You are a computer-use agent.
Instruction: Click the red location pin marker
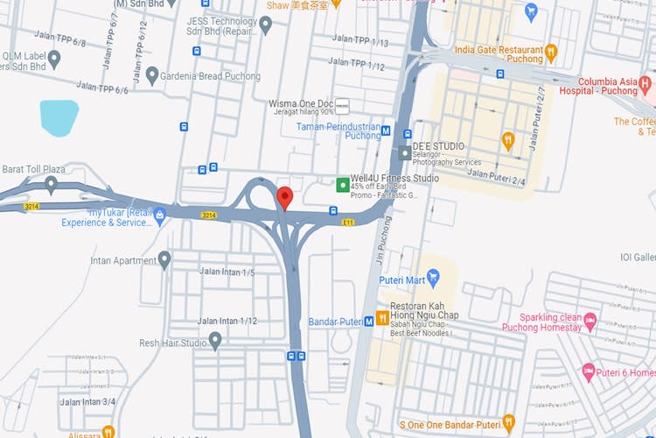pyautogui.click(x=284, y=197)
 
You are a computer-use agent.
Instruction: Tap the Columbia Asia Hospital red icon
pyautogui.click(x=646, y=85)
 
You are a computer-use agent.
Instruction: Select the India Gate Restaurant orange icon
pyautogui.click(x=551, y=53)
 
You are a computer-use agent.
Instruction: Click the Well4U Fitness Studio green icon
pyautogui.click(x=343, y=184)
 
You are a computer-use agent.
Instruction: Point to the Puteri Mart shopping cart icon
pyautogui.click(x=434, y=279)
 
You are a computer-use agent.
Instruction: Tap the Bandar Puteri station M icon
pyautogui.click(x=369, y=321)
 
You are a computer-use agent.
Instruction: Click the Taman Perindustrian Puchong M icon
pyautogui.click(x=386, y=131)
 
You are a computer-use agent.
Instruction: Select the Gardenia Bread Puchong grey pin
pyautogui.click(x=152, y=75)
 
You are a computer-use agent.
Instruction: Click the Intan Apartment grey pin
pyautogui.click(x=164, y=259)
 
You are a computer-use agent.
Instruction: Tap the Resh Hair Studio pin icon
pyautogui.click(x=215, y=341)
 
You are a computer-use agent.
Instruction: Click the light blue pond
pyautogui.click(x=59, y=118)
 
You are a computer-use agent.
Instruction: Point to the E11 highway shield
pyautogui.click(x=348, y=223)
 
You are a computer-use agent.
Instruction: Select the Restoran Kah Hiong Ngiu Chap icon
pyautogui.click(x=382, y=317)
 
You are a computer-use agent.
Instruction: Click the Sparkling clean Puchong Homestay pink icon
pyautogui.click(x=590, y=321)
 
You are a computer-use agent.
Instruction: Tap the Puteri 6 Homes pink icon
pyautogui.click(x=588, y=372)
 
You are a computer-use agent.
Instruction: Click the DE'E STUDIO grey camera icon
pyautogui.click(x=404, y=152)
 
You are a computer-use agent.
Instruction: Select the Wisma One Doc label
pyautogui.click(x=301, y=103)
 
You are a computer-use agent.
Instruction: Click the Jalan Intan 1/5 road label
pyautogui.click(x=227, y=272)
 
